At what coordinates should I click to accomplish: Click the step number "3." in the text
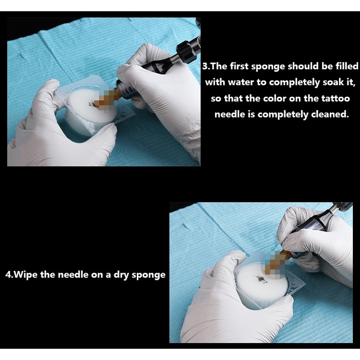[206, 66]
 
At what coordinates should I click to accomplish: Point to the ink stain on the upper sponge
[92, 105]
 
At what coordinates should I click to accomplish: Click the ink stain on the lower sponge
[260, 279]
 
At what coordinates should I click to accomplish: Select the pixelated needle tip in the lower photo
[273, 263]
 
